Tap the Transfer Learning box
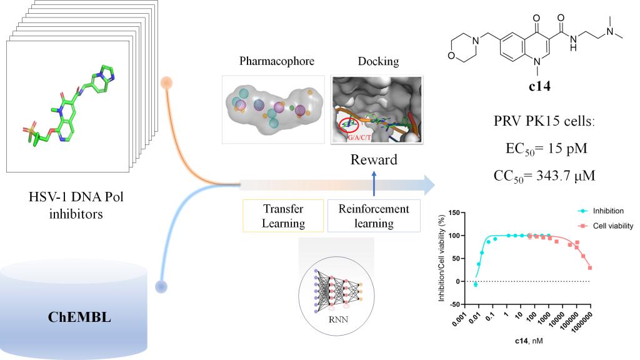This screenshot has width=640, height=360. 283,216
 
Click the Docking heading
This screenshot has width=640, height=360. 377,61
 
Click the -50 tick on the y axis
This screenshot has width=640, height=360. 458,304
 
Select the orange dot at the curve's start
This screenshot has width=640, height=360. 166,82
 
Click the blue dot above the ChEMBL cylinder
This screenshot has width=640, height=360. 162,287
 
